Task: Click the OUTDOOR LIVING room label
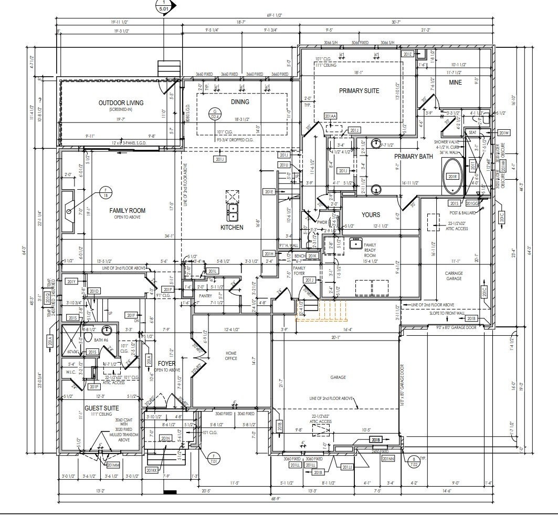[121, 102]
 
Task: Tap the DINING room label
[240, 102]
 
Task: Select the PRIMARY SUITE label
[359, 91]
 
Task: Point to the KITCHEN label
[231, 228]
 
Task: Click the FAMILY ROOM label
[127, 210]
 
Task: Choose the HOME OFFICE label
[231, 355]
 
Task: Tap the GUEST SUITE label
[101, 408]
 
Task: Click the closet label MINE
[455, 83]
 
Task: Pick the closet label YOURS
[371, 214]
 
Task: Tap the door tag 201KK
[152, 470]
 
